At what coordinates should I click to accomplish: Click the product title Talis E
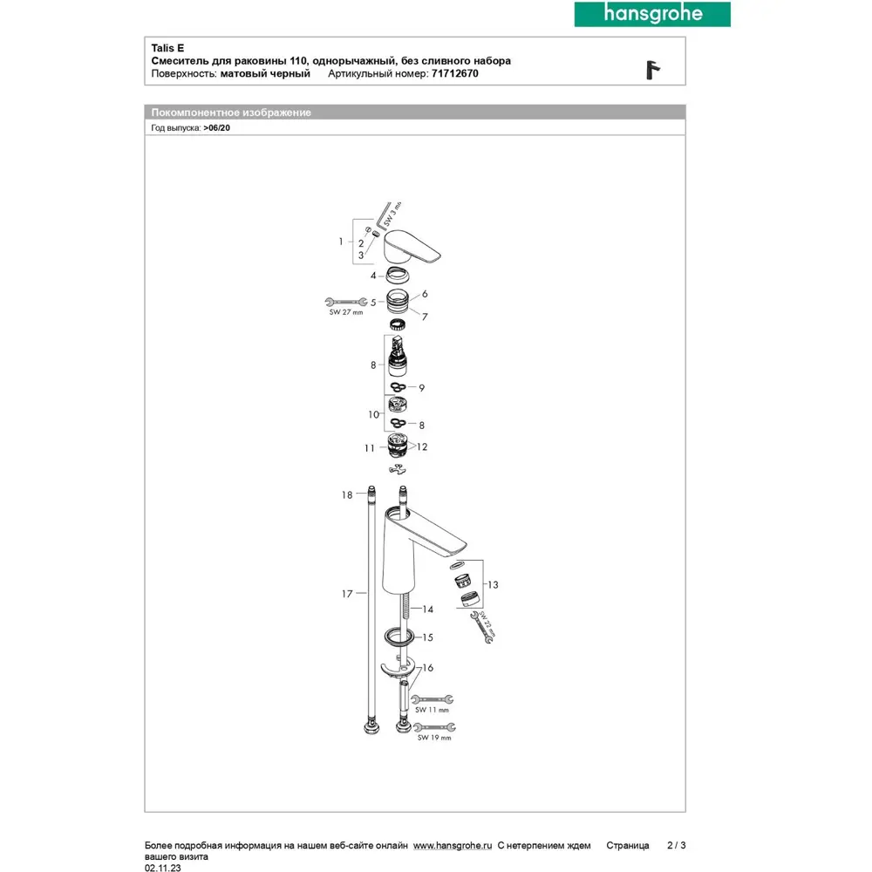point(167,48)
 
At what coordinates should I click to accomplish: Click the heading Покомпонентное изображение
point(231,112)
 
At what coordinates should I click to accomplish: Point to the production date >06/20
point(216,127)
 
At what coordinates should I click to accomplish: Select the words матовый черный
point(265,74)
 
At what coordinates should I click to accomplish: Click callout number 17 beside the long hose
point(347,594)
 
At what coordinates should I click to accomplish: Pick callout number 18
point(347,494)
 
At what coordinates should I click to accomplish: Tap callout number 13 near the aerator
point(494,584)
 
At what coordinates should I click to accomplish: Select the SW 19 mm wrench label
point(433,738)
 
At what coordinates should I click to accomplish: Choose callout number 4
point(372,276)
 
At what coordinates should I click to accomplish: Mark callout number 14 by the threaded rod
point(427,609)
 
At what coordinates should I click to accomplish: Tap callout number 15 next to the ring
point(427,637)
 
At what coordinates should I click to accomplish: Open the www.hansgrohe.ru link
point(453,845)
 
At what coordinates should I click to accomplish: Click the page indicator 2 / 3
point(675,845)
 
